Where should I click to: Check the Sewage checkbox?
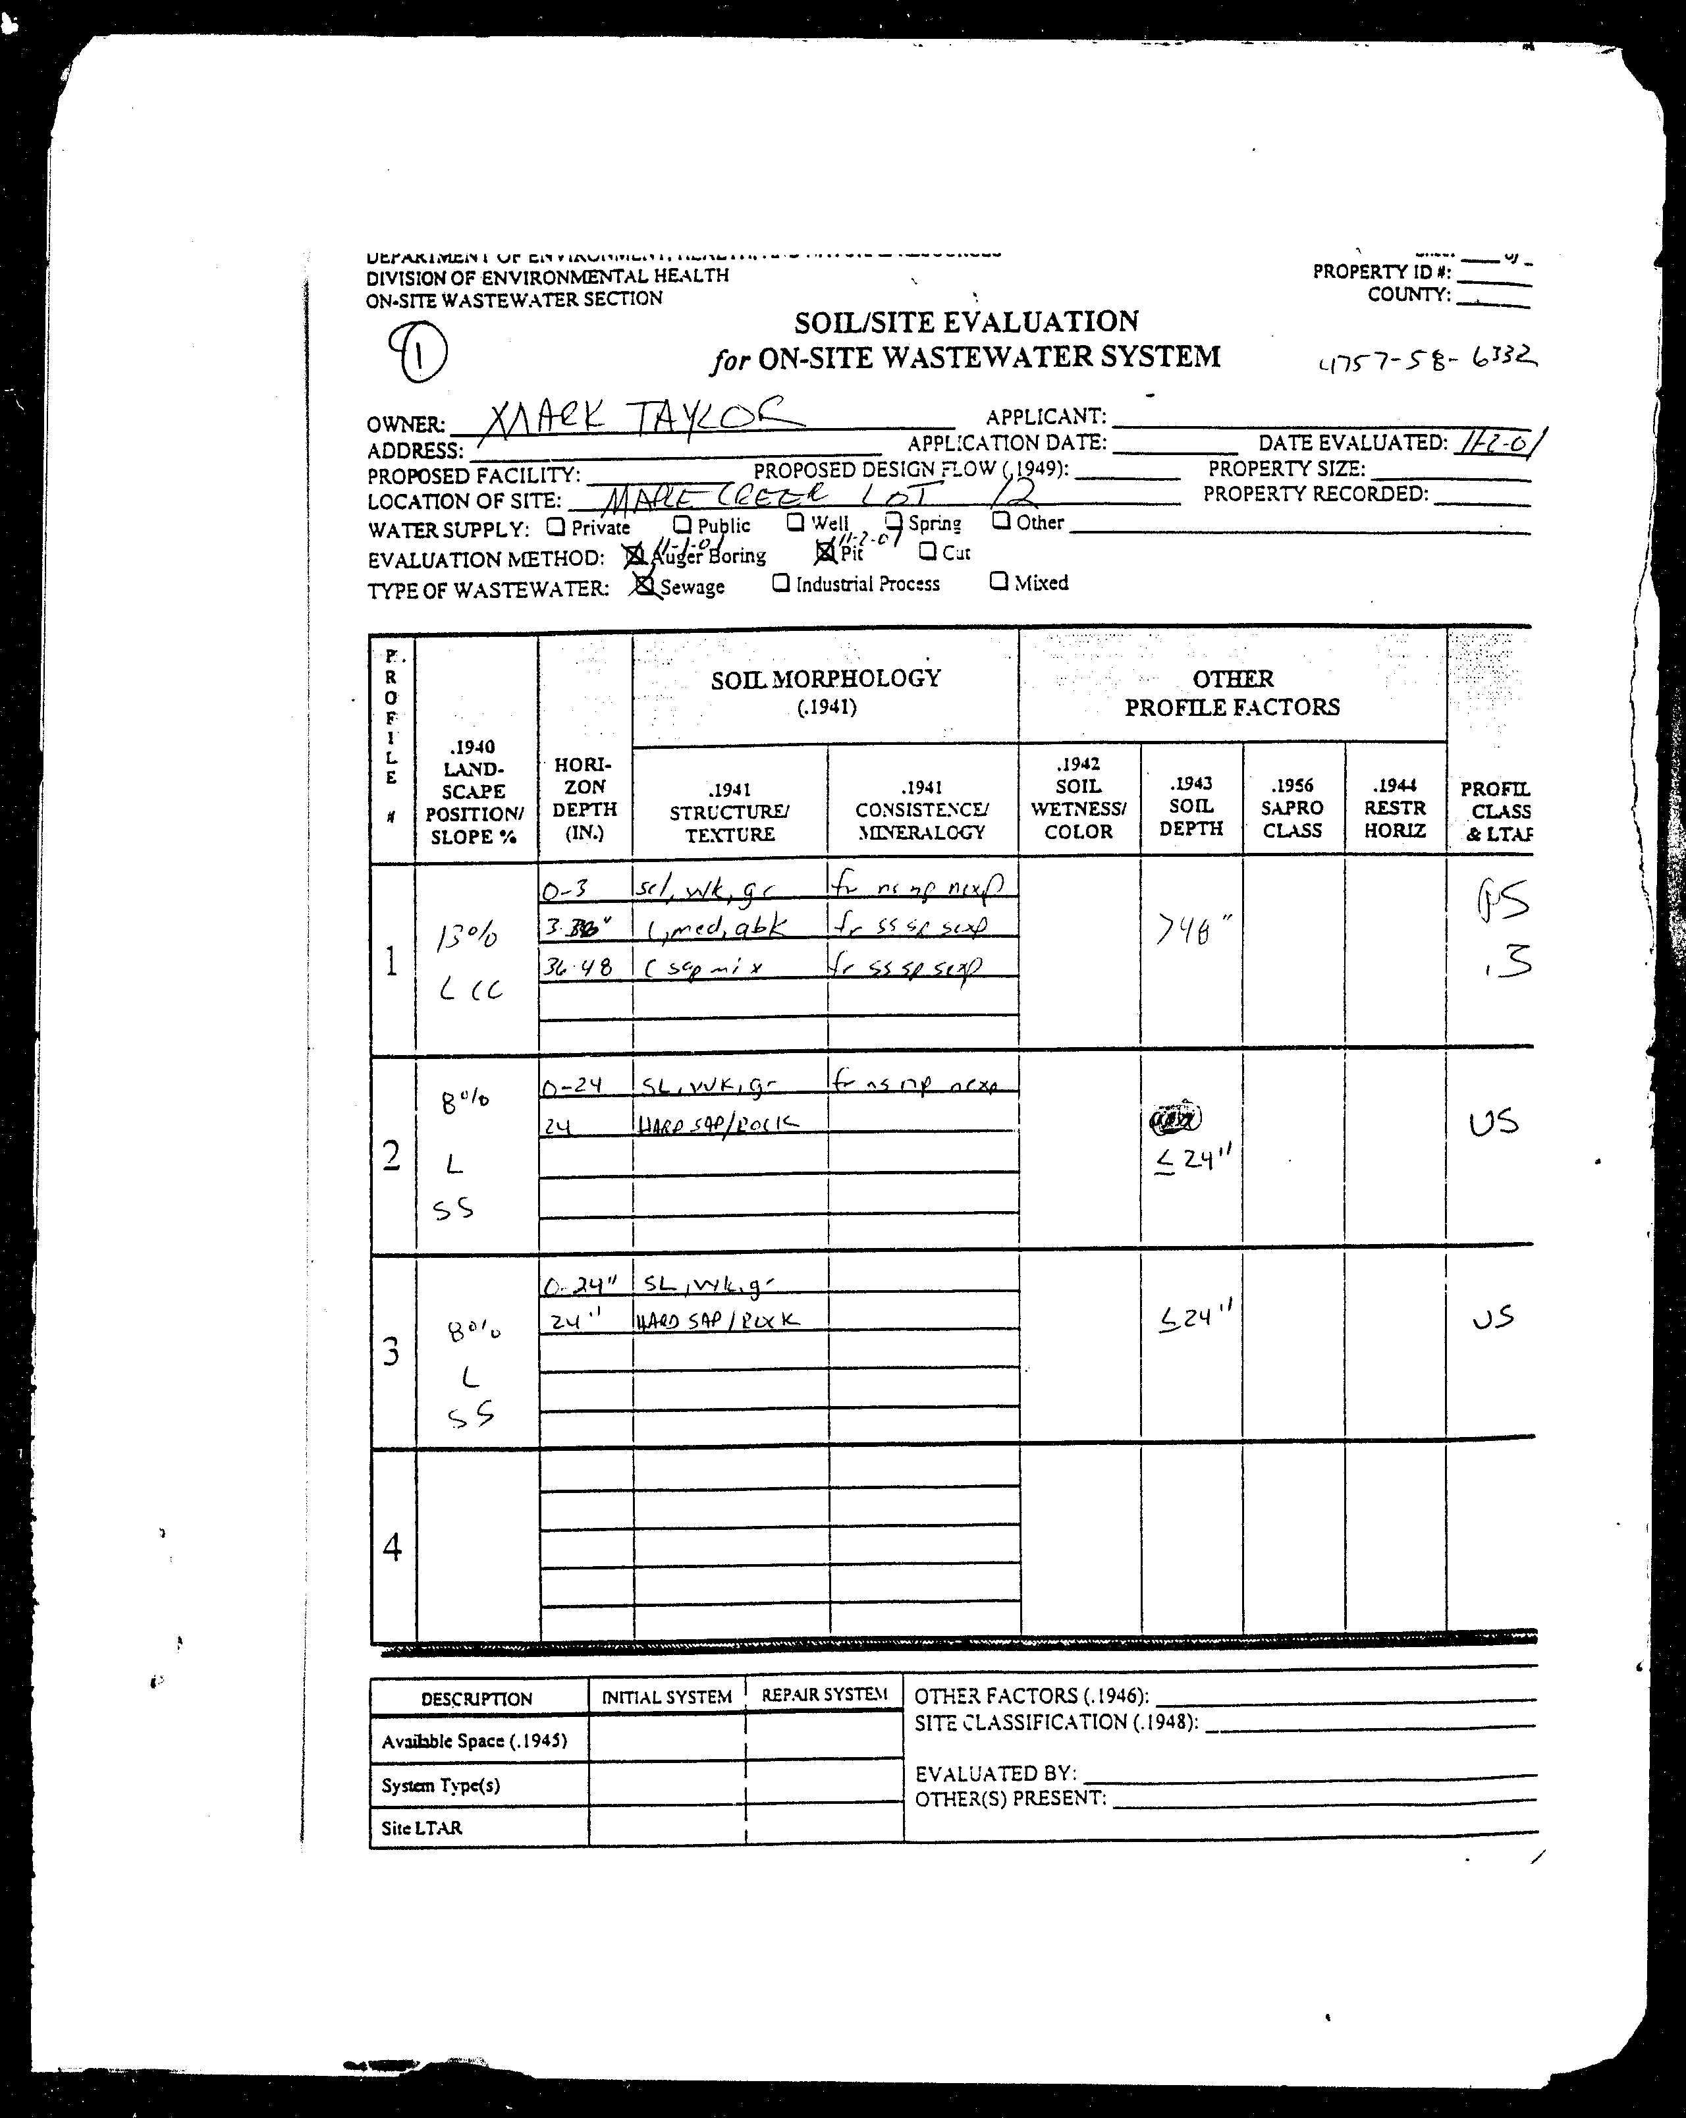coord(645,585)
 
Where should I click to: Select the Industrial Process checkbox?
coord(781,583)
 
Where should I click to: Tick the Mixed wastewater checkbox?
coord(998,581)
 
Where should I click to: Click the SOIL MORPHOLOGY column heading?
coord(825,679)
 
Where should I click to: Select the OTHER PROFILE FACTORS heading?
coord(1232,693)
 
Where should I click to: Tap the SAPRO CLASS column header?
coord(1292,807)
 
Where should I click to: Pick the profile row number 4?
coord(392,1548)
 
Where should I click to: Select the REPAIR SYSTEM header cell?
coord(823,1695)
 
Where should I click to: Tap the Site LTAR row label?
coord(421,1828)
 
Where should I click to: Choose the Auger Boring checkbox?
coord(636,556)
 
